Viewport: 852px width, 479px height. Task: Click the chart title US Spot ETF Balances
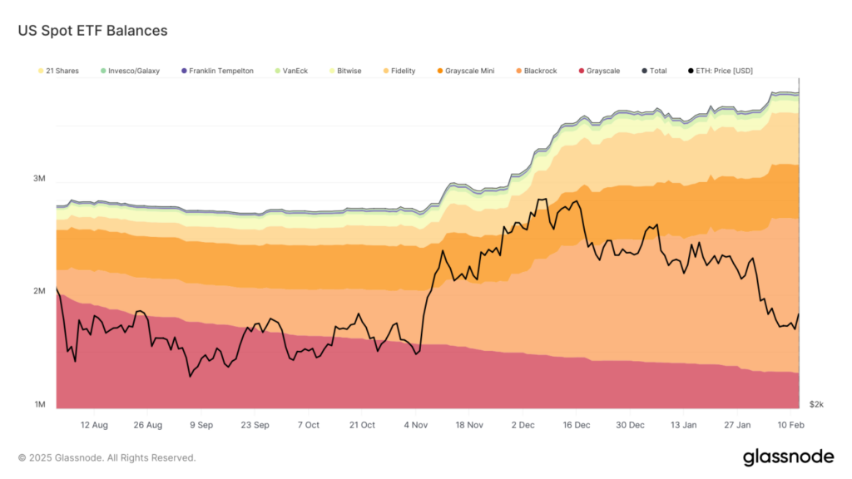92,31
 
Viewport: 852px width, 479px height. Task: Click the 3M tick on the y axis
39,179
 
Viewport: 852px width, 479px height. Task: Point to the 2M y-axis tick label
39,291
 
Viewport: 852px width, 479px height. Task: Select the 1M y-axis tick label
39,405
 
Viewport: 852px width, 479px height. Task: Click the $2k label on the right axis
816,405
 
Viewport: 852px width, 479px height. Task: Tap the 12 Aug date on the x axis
94,425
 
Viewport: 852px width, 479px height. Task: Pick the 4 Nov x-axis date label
416,425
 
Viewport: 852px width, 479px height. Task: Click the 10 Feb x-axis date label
790,425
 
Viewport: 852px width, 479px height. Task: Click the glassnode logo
788,457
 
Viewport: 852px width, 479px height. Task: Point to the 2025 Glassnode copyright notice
106,457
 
